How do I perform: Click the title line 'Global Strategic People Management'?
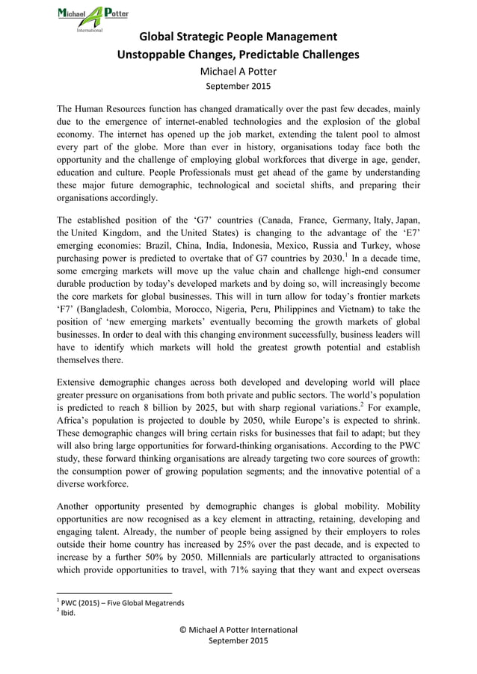click(238, 37)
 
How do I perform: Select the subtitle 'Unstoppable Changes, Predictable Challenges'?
click(238, 55)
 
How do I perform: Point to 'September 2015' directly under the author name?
click(238, 87)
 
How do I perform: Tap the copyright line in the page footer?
click(238, 630)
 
